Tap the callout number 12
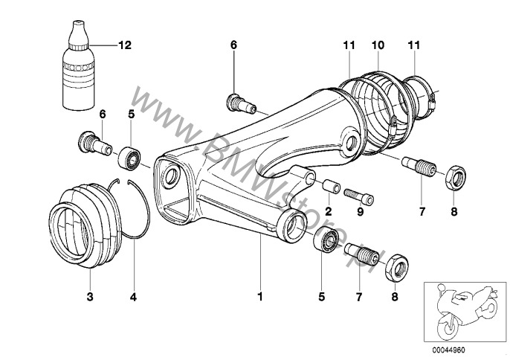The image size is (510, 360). click(124, 45)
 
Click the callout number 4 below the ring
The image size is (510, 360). click(134, 297)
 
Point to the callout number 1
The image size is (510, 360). click(260, 297)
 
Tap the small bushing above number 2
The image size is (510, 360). click(329, 185)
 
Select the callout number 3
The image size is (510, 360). click(89, 297)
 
